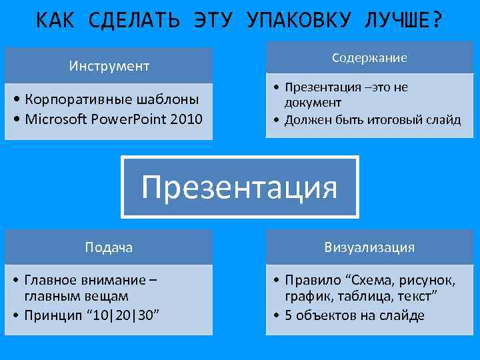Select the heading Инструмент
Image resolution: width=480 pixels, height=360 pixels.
(109, 66)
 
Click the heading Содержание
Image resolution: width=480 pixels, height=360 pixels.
(369, 59)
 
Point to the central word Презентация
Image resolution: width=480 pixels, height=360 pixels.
(239, 187)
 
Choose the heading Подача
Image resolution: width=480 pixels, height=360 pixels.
(109, 247)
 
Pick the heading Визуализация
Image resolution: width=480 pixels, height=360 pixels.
(369, 247)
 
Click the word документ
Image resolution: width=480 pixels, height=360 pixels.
(313, 103)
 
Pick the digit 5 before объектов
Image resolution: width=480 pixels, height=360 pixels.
(288, 315)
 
